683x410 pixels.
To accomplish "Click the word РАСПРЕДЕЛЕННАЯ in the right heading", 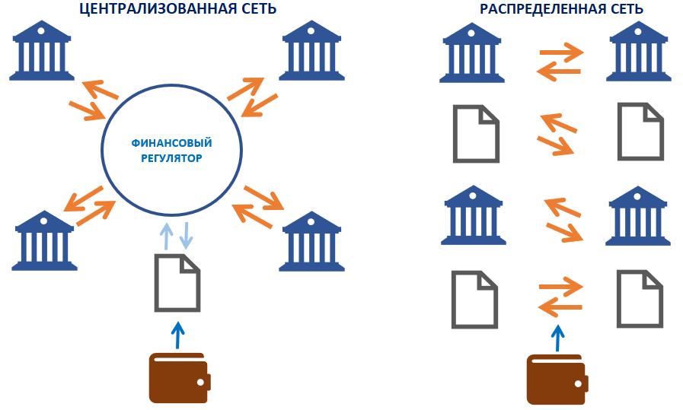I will [x=532, y=9].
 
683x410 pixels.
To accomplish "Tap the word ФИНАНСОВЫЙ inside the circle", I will [x=171, y=143].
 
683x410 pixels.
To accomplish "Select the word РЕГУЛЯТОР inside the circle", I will [x=172, y=160].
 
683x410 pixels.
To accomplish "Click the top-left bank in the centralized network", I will [x=41, y=51].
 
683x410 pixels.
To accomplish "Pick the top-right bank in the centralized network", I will [x=311, y=51].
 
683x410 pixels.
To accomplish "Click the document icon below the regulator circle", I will [x=177, y=281].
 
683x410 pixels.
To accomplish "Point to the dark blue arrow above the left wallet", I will [x=177, y=335].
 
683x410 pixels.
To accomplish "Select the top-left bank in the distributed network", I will [x=471, y=51].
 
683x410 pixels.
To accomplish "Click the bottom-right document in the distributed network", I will [x=640, y=298].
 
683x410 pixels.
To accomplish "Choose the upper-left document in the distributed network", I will [x=476, y=133].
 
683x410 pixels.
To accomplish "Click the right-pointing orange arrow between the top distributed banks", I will [x=561, y=53].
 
